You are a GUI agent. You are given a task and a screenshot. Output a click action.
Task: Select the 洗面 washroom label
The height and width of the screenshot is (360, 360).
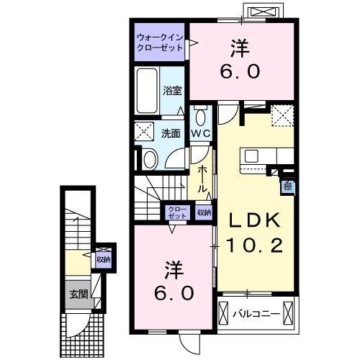tap(170, 133)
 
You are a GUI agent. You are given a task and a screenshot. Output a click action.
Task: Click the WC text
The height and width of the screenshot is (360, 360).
tap(200, 135)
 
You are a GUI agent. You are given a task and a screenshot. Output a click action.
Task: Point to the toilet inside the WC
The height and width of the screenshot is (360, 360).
tap(200, 117)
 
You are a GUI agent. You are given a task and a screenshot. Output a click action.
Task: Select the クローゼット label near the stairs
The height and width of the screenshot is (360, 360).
tap(176, 212)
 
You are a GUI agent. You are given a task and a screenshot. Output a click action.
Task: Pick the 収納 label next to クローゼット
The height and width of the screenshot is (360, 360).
tap(203, 212)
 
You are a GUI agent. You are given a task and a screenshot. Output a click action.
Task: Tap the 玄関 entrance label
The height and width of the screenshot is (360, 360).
tap(78, 293)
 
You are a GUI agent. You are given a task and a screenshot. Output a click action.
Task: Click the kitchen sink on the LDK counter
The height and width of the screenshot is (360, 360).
tap(255, 155)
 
